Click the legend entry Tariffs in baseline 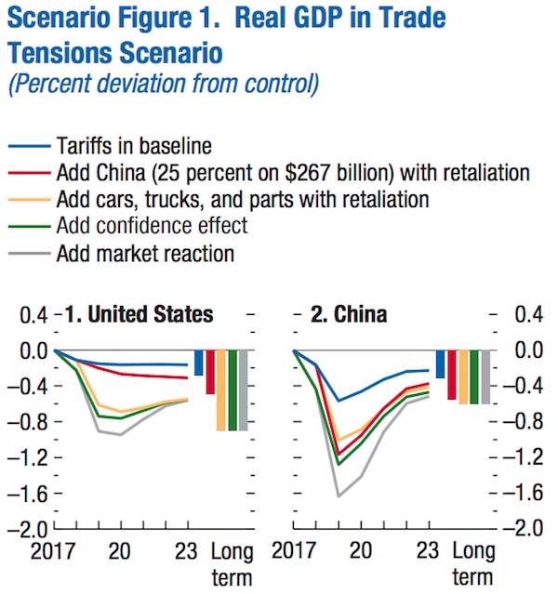pyautogui.click(x=134, y=146)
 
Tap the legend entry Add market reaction pyautogui.click(x=145, y=253)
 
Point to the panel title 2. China pyautogui.click(x=349, y=315)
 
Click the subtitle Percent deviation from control pyautogui.click(x=164, y=86)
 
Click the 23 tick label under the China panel pyautogui.click(x=428, y=550)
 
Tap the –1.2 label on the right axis pyautogui.click(x=524, y=458)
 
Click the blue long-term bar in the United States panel pyautogui.click(x=198, y=363)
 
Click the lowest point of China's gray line pyautogui.click(x=339, y=496)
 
